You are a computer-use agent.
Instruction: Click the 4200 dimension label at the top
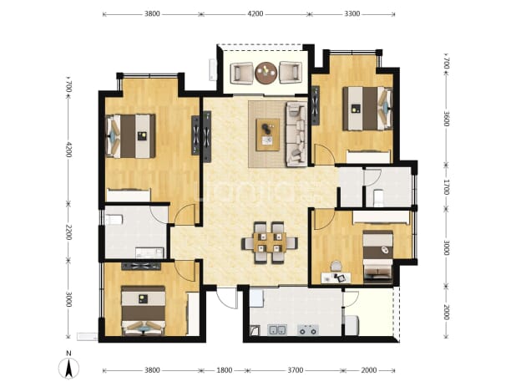pyautogui.click(x=255, y=14)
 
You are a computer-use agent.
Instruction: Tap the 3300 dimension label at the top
pyautogui.click(x=352, y=14)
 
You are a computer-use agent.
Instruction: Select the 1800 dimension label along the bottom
pyautogui.click(x=224, y=370)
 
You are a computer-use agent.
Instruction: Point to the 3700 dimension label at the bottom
pyautogui.click(x=296, y=370)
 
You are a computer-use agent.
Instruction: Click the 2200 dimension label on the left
pyautogui.click(x=68, y=232)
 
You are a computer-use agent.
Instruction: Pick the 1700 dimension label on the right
pyautogui.click(x=446, y=187)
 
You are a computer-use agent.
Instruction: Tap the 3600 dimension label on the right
pyautogui.click(x=446, y=119)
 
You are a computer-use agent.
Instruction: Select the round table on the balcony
pyautogui.click(x=266, y=73)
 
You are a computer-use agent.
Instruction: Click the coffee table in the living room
pyautogui.click(x=268, y=135)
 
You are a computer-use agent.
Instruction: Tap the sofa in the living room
pyautogui.click(x=296, y=135)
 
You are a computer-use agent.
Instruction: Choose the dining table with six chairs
pyautogui.click(x=270, y=242)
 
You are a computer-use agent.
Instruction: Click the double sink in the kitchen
pyautogui.click(x=277, y=329)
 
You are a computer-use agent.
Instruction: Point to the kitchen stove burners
pyautogui.click(x=308, y=329)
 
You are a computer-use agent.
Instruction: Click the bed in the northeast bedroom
pyautogui.click(x=367, y=109)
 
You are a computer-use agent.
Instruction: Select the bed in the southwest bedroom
pyautogui.click(x=143, y=310)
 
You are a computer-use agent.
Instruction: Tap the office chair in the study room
pyautogui.click(x=336, y=266)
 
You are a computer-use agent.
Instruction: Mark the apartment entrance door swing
pyautogui.click(x=226, y=298)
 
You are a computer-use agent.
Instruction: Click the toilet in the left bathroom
pyautogui.click(x=114, y=219)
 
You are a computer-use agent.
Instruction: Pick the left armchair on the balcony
pyautogui.click(x=241, y=73)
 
